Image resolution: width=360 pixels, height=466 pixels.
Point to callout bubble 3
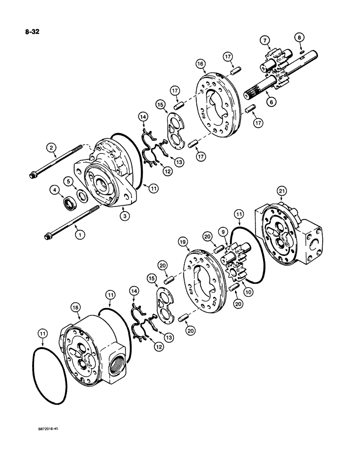click(124, 215)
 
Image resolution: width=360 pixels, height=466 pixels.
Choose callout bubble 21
click(281, 191)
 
